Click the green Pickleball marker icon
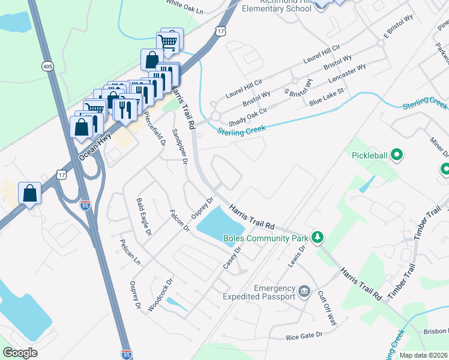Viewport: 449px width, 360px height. point(396,156)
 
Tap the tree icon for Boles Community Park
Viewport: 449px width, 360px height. point(319,238)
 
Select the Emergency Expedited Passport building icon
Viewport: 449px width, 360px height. point(304,292)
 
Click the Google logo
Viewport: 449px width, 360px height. point(20,353)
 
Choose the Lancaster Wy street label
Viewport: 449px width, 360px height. point(347,76)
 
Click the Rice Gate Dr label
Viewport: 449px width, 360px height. point(304,335)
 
